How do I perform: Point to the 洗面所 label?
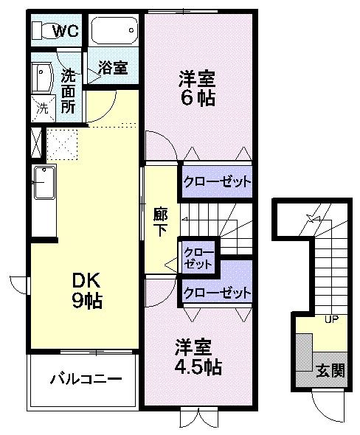point(69,90)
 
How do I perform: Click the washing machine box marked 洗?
point(43,107)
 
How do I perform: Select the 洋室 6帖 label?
point(197,87)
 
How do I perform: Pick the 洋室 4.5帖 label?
point(198,356)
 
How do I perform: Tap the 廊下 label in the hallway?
point(160,222)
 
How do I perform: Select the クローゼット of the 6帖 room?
point(217,181)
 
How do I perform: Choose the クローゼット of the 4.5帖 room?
point(217,292)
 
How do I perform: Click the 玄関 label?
point(329,371)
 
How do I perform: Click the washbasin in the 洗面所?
point(41,76)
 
